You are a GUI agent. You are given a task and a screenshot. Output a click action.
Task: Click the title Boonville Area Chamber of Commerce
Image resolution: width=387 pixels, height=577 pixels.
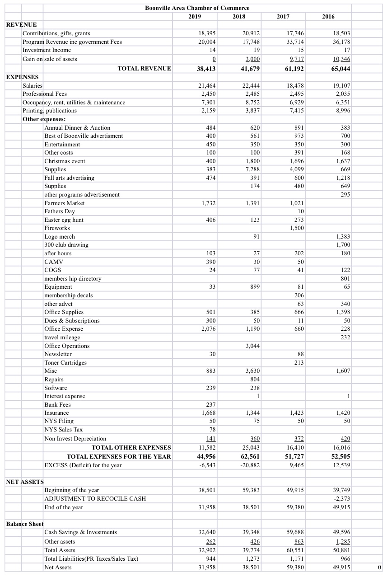point(197,8)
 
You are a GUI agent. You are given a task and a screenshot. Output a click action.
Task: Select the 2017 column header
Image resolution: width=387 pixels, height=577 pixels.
point(283,16)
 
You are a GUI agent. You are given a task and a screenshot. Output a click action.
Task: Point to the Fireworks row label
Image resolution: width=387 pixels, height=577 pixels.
point(57,228)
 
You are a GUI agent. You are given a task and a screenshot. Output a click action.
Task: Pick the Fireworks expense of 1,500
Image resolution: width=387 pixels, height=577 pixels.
point(296,228)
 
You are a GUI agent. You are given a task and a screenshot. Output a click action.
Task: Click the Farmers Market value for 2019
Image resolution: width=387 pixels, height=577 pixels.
point(208,203)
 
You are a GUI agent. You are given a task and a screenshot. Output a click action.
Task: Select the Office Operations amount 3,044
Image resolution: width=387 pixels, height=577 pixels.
point(252,346)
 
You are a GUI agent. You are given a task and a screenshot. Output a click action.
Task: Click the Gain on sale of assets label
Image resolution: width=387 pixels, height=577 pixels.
point(50,59)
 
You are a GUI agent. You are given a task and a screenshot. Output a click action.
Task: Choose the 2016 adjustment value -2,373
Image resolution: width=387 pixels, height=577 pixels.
point(342,498)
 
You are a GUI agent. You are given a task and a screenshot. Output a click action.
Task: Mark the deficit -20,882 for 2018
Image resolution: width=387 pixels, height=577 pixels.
point(250,465)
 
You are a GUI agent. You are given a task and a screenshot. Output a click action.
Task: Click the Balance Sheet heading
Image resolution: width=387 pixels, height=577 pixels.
point(25,524)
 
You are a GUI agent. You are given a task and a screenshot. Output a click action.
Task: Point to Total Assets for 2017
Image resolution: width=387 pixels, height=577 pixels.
point(296,550)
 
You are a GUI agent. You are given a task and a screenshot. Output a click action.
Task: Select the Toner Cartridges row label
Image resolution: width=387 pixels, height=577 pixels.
point(65,362)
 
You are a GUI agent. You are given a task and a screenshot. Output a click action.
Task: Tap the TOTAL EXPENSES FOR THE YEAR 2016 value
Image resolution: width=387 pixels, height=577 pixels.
point(340,456)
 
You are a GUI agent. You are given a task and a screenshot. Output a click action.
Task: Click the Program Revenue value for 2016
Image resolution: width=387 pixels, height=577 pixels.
point(341,42)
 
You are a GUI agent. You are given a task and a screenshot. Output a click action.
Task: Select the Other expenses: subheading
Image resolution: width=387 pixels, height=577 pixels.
point(44,119)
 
